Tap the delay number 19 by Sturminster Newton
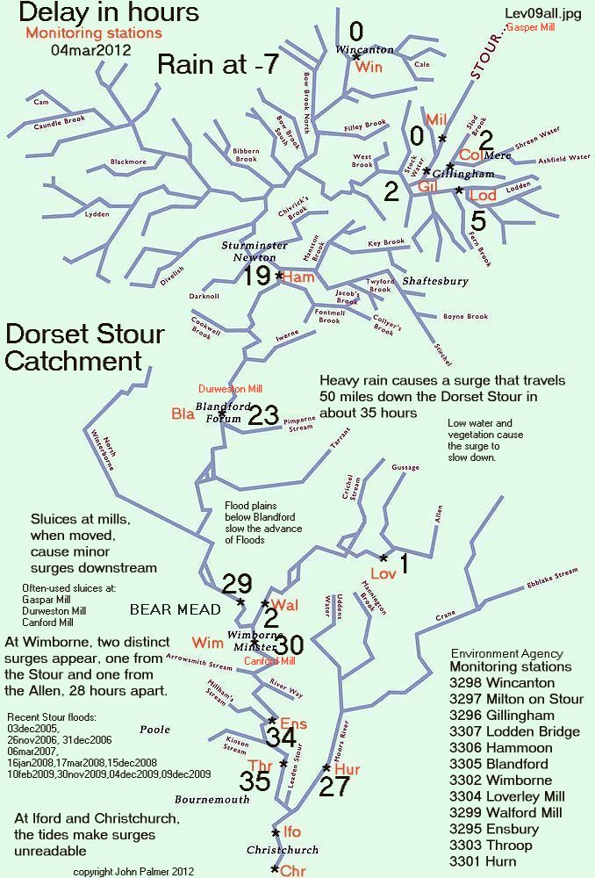pyautogui.click(x=256, y=277)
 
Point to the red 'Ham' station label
pyautogui.click(x=298, y=277)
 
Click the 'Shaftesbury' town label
pyautogui.click(x=433, y=281)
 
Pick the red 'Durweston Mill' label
pyautogui.click(x=230, y=387)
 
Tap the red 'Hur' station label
pyautogui.click(x=348, y=769)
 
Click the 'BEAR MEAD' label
pyautogui.click(x=167, y=608)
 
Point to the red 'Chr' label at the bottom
pyautogui.click(x=292, y=870)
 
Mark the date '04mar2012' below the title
pyautogui.click(x=91, y=50)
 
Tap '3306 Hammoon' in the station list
pyautogui.click(x=501, y=747)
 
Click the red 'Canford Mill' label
pyautogui.click(x=269, y=660)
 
